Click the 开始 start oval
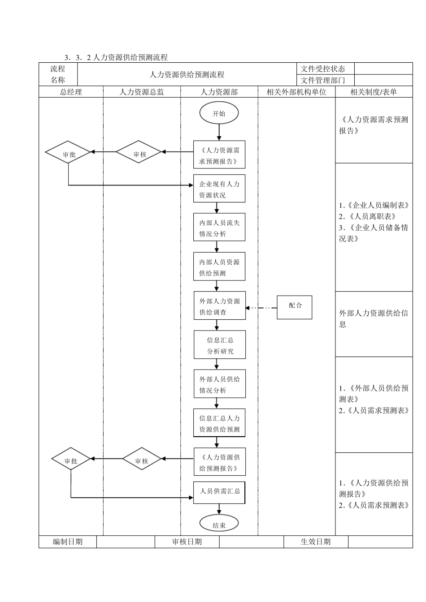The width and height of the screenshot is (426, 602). pos(219,113)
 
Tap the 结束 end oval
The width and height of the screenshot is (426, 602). pos(219,525)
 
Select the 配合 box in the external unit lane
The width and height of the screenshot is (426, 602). pos(294,307)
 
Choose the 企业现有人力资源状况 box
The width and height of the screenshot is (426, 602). pos(219,189)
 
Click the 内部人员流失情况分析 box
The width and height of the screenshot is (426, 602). pos(219,228)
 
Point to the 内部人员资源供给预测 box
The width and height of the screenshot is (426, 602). pos(219,267)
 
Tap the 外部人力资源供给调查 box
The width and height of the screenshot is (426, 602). pos(219,306)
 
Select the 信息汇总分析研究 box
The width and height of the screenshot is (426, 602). pos(220,345)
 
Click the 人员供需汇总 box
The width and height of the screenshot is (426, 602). pos(219,491)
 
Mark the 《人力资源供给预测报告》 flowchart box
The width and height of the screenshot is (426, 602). pos(220,462)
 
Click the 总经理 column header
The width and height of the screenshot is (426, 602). pos(71,92)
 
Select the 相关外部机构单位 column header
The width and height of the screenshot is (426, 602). pos(296,92)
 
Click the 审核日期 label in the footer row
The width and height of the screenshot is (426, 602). pos(187,542)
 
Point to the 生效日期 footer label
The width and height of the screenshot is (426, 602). pos(316,542)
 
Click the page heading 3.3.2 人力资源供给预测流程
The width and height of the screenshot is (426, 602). pos(116,57)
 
